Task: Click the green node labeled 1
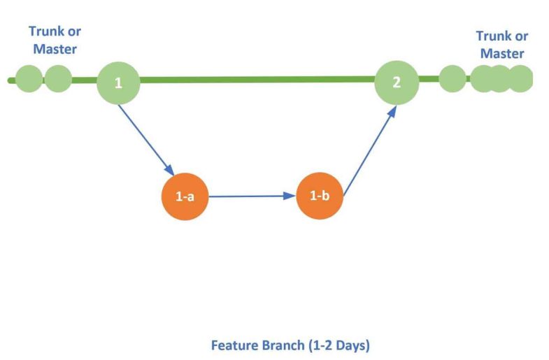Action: pyautogui.click(x=118, y=83)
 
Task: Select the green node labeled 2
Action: pyautogui.click(x=397, y=82)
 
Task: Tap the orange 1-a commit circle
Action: pyautogui.click(x=185, y=196)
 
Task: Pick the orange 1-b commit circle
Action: pyautogui.click(x=320, y=196)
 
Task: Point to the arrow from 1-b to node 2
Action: pyautogui.click(x=370, y=151)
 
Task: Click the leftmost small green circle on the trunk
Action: pyautogui.click(x=29, y=79)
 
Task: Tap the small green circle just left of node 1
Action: pyautogui.click(x=58, y=79)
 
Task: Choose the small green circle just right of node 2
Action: pyautogui.click(x=452, y=79)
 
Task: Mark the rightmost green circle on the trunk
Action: pyautogui.click(x=520, y=79)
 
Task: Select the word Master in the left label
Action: pyautogui.click(x=55, y=49)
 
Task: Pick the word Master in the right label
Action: pyautogui.click(x=502, y=53)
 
